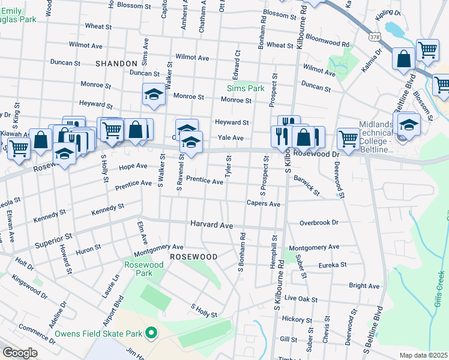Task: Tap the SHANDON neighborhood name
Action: pos(116,63)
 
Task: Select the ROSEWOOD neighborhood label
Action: pos(193,256)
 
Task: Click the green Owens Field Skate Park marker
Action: pos(152,332)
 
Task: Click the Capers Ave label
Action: pos(264,204)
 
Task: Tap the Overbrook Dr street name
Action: pos(319,223)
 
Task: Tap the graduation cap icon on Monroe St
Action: pos(154,94)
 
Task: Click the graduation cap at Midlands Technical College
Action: pos(409,124)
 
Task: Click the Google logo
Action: pos(19,353)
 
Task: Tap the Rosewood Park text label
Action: pos(139,269)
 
